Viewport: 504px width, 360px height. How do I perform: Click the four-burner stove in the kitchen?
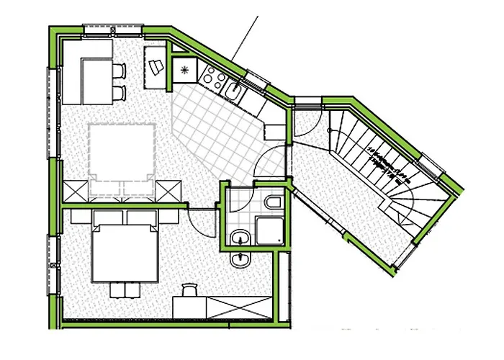[x=213, y=75]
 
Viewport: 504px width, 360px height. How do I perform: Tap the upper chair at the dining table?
[x=120, y=71]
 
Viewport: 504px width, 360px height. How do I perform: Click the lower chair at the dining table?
[x=120, y=92]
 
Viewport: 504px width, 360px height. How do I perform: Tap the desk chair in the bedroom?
[x=189, y=289]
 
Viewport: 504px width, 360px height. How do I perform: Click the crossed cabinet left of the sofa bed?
[x=75, y=190]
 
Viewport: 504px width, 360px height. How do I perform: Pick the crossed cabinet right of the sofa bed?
[x=170, y=190]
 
